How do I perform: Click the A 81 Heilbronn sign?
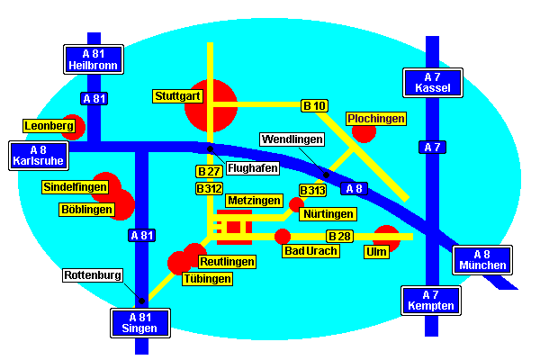tap(94, 59)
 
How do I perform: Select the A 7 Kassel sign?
tap(433, 82)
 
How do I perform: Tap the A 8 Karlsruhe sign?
tap(38, 155)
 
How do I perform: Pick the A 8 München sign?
tap(481, 259)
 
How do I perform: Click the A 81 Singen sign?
tap(139, 321)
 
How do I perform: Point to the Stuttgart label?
tap(178, 95)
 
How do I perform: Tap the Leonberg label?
tap(49, 126)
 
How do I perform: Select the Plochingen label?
tap(376, 119)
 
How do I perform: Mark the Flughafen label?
tap(253, 167)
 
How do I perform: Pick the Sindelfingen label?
tap(75, 187)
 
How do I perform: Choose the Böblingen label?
tap(87, 210)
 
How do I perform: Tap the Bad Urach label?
tap(311, 250)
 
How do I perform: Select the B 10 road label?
tap(314, 106)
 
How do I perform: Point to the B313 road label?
tap(312, 191)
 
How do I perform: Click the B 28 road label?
tap(339, 236)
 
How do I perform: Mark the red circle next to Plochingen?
tap(364, 132)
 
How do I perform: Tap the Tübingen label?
tap(207, 279)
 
